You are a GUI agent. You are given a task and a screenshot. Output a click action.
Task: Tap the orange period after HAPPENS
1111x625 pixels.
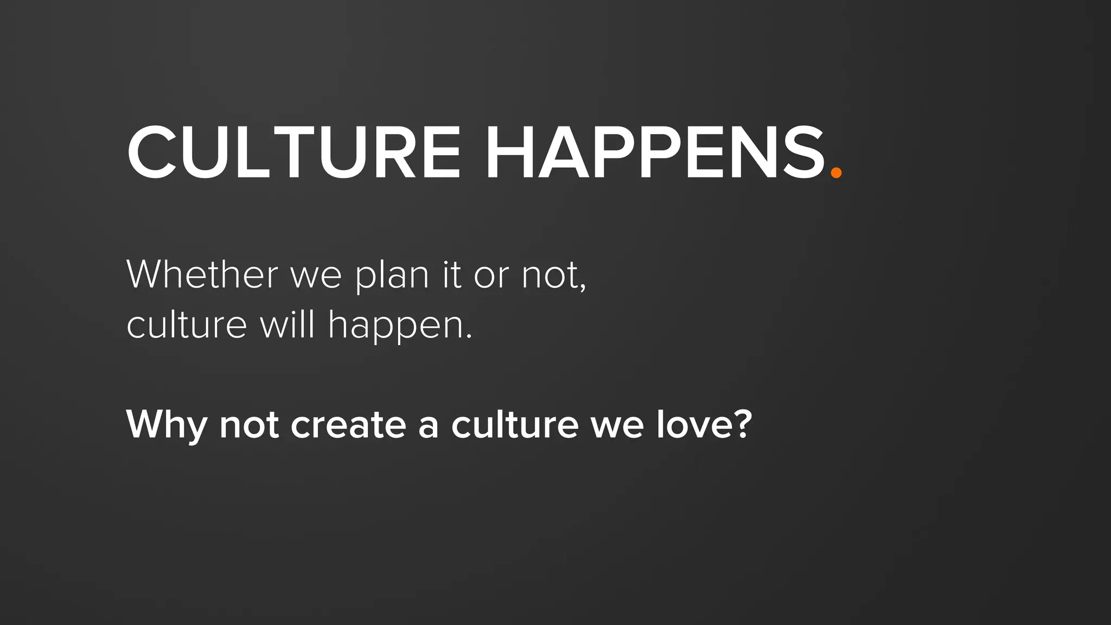click(x=836, y=173)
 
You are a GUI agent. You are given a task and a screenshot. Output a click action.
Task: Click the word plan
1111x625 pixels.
click(x=393, y=277)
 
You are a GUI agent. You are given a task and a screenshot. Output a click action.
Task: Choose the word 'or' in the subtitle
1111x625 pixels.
click(x=491, y=277)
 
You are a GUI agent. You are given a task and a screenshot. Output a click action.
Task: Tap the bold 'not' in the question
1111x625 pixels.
click(x=249, y=424)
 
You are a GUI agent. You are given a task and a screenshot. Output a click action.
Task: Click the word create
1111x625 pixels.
click(x=348, y=424)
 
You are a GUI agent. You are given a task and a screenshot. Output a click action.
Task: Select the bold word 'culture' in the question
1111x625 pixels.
click(x=515, y=424)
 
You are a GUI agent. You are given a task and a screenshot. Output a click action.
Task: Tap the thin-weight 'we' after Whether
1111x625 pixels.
click(x=316, y=277)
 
